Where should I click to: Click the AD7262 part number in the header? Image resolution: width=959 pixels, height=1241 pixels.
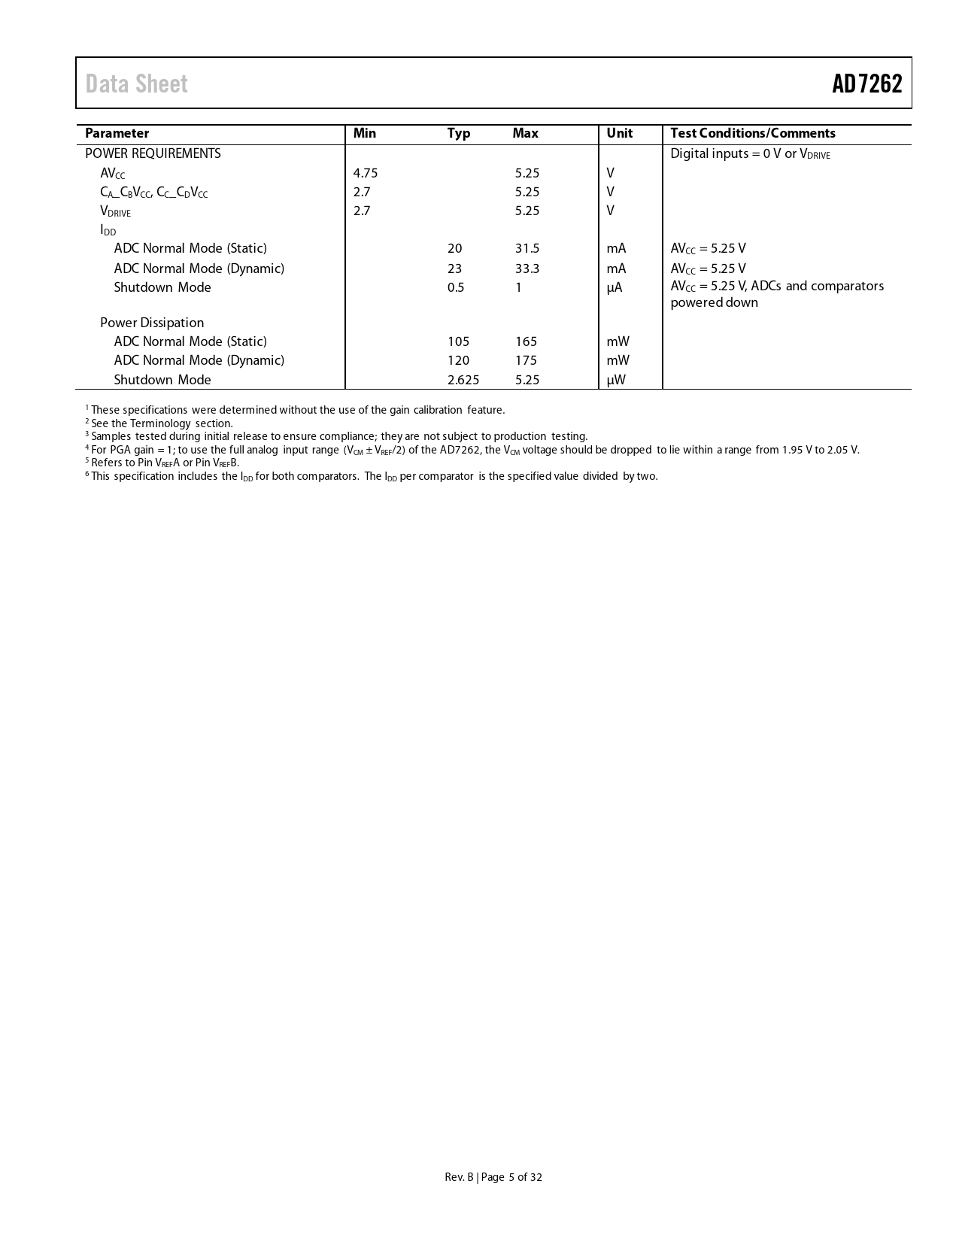(x=866, y=83)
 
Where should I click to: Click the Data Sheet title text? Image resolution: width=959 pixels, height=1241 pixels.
(x=137, y=83)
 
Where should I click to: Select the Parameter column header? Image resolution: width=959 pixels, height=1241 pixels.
(x=117, y=133)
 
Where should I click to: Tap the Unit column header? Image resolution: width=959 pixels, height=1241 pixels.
(x=620, y=133)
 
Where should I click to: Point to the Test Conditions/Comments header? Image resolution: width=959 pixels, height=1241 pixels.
(x=752, y=133)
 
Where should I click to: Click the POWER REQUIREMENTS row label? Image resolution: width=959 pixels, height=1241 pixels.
(x=153, y=153)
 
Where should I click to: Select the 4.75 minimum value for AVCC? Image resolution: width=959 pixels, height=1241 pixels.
(x=366, y=173)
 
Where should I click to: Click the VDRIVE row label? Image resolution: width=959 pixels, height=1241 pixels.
(x=115, y=211)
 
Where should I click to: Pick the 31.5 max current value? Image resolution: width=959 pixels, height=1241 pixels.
(x=527, y=248)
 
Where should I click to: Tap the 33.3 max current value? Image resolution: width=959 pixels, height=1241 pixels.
(x=527, y=269)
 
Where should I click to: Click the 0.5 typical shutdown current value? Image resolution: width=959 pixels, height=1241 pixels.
(x=456, y=287)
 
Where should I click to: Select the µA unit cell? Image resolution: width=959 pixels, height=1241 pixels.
(x=615, y=287)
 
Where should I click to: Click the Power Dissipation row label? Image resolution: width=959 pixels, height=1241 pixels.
(x=152, y=323)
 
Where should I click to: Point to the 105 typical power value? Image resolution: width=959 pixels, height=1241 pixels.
(x=458, y=341)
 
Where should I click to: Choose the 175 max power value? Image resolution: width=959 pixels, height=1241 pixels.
(x=526, y=360)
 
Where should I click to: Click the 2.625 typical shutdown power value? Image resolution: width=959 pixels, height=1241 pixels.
(x=463, y=380)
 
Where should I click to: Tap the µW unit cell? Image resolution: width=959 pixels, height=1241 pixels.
(x=616, y=380)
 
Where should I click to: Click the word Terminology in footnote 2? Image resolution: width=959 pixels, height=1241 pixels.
(x=160, y=423)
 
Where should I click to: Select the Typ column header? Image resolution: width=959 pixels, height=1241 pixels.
(x=459, y=133)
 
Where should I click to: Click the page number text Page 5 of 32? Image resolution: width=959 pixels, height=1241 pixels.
(x=511, y=1177)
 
